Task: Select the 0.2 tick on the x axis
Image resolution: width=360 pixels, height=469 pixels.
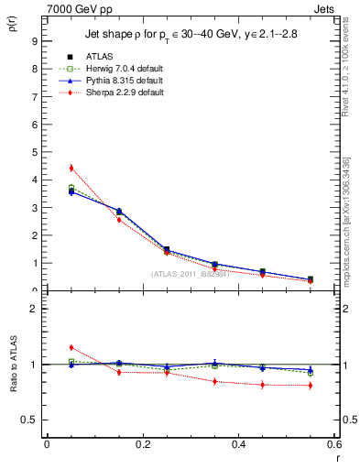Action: pyautogui.click(x=143, y=444)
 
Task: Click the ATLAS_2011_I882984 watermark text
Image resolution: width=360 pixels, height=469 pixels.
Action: pyautogui.click(x=190, y=274)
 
